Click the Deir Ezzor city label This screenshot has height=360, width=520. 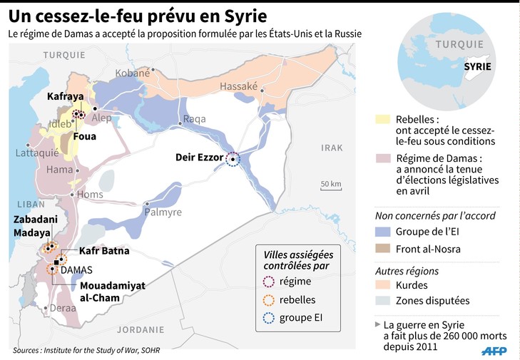point(199,158)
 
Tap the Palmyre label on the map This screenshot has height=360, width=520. point(163,212)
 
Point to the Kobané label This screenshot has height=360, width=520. point(133,73)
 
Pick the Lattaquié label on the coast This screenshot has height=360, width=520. point(36,152)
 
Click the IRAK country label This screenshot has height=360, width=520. point(332,148)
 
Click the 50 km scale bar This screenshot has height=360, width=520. point(330,189)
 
